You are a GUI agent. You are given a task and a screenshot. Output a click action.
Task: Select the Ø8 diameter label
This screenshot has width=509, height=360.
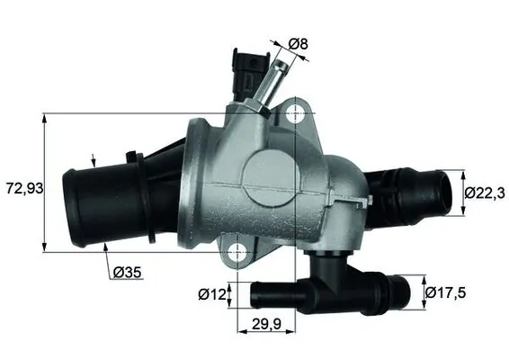click(299, 41)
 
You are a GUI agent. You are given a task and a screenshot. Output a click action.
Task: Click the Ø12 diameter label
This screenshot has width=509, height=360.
click(213, 293)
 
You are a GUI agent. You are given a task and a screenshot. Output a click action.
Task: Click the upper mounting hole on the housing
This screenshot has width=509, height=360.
click(297, 114)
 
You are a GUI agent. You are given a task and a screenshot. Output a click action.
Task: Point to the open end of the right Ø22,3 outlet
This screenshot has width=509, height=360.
click(443, 192)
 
